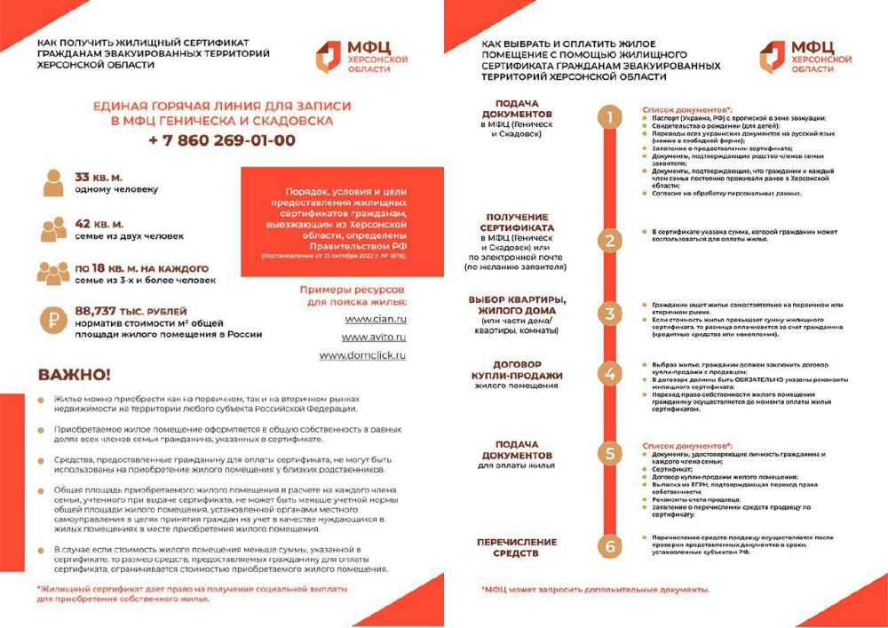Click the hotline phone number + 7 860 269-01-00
point(222,140)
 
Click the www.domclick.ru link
point(362,355)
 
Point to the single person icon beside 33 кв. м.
point(53,183)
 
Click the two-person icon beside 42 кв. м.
point(53,229)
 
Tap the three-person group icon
point(53,273)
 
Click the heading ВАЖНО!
point(75,374)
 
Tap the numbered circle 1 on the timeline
point(609,117)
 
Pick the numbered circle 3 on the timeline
point(609,313)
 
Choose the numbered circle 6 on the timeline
point(609,546)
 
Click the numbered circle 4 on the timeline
point(609,374)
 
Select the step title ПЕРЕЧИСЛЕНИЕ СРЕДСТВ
point(517,547)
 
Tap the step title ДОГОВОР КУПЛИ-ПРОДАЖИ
point(517,370)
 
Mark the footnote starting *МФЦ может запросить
point(595,589)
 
